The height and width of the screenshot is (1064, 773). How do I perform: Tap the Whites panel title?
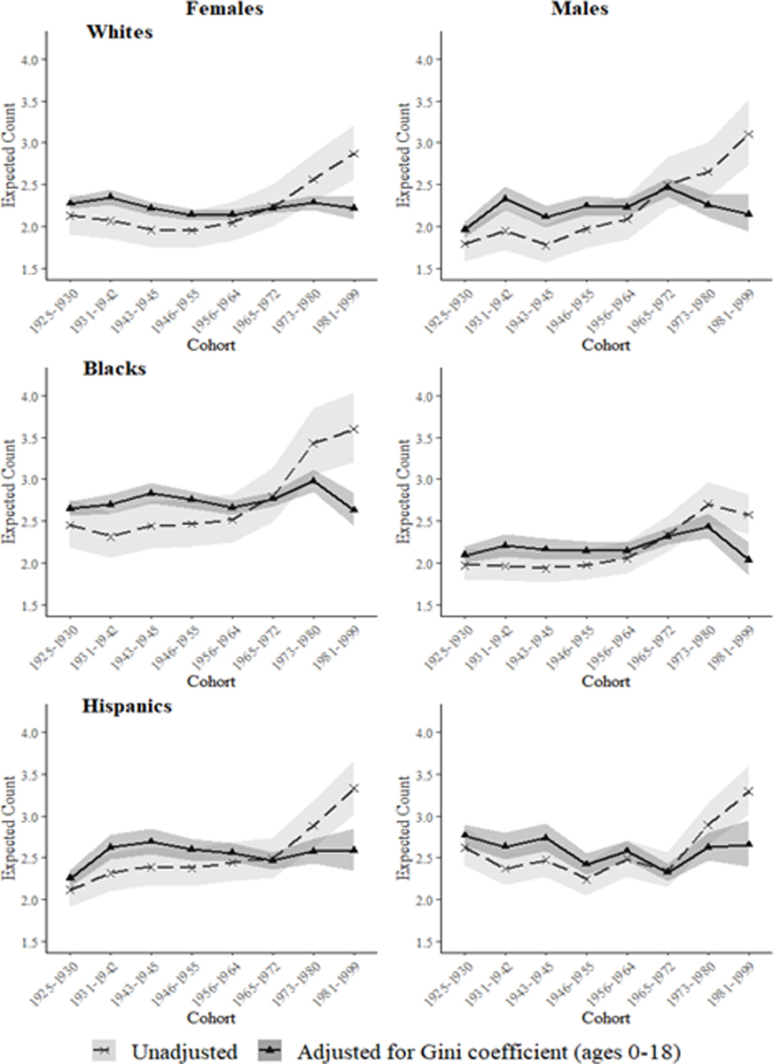point(120,33)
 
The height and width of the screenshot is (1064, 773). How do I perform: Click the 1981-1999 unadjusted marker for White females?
point(354,154)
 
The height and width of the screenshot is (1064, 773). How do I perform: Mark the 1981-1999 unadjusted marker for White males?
point(749,134)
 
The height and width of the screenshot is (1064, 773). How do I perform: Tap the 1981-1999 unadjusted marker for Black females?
point(354,429)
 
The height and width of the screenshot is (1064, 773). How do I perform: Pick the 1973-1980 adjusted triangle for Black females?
point(313,480)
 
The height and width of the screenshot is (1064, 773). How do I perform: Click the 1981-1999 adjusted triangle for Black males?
point(749,559)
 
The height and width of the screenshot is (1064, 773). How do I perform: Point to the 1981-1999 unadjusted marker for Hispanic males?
point(749,791)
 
